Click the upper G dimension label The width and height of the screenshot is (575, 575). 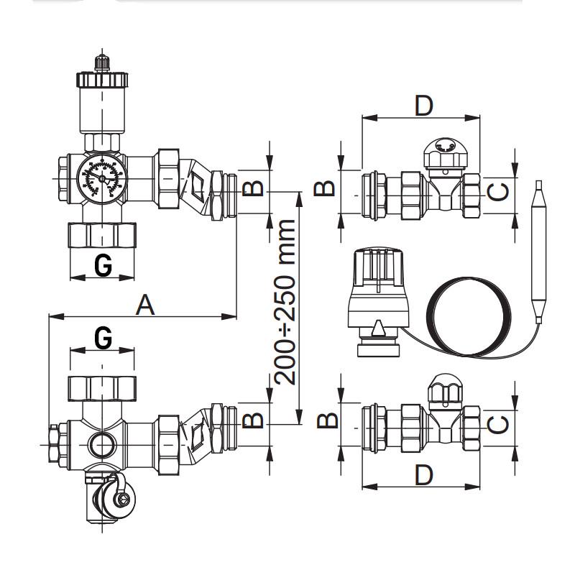pyautogui.click(x=103, y=265)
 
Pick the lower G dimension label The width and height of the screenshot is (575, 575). pyautogui.click(x=103, y=336)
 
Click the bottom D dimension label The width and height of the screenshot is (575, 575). pyautogui.click(x=424, y=474)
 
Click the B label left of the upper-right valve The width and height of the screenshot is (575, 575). pyautogui.click(x=326, y=188)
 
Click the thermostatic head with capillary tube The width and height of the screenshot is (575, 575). pyautogui.click(x=379, y=295)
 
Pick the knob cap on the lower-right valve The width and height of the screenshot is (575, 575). pyautogui.click(x=446, y=389)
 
